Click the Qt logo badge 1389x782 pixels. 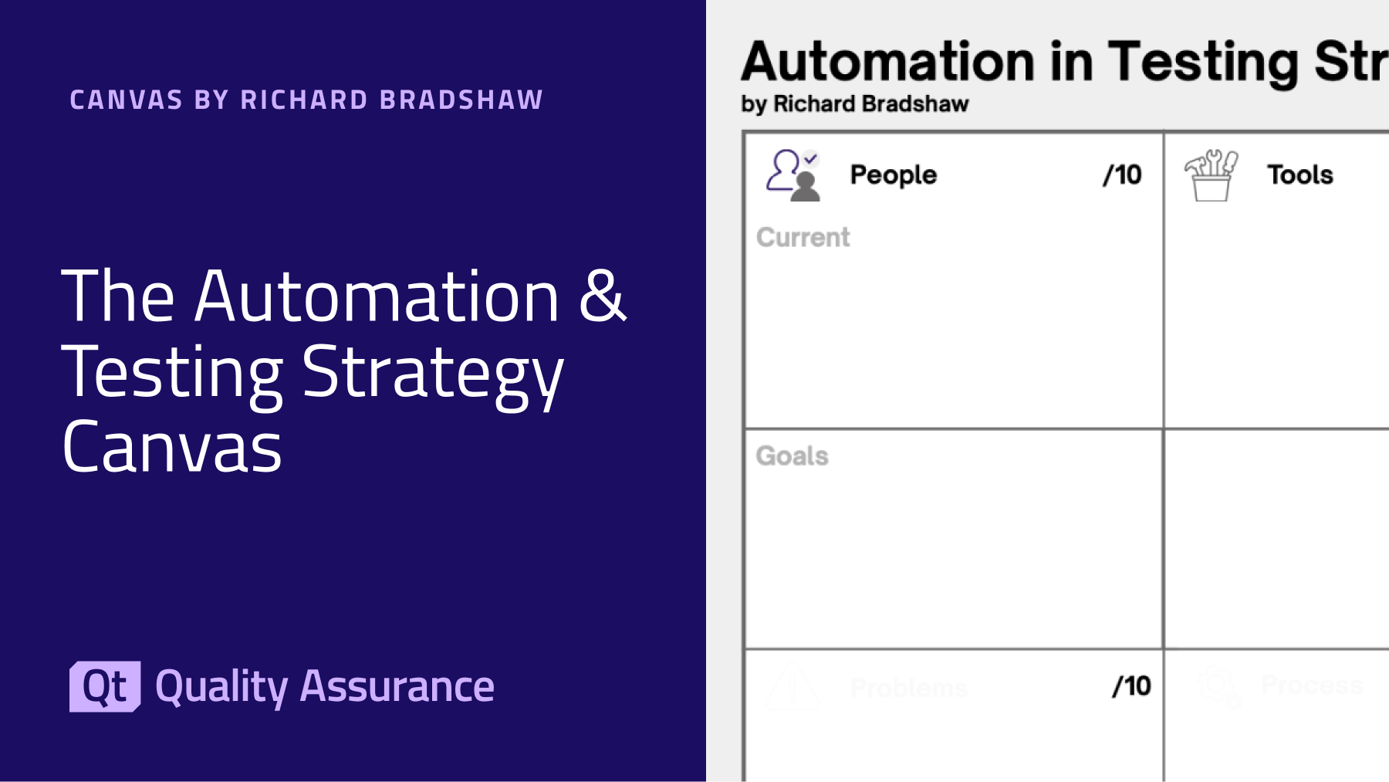pyautogui.click(x=105, y=686)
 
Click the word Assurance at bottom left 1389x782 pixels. pyautogui.click(x=397, y=686)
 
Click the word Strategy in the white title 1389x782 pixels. pyautogui.click(x=432, y=373)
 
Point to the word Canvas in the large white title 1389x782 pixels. pyautogui.click(x=172, y=448)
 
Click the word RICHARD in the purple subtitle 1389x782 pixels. pyautogui.click(x=304, y=100)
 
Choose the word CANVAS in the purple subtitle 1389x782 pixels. pyautogui.click(x=127, y=100)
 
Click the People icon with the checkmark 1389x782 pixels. pyautogui.click(x=793, y=175)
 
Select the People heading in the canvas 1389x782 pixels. pyautogui.click(x=894, y=175)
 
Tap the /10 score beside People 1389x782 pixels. pyautogui.click(x=1122, y=175)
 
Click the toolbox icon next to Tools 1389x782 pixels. pyautogui.click(x=1211, y=175)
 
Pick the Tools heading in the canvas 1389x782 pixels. pyautogui.click(x=1300, y=175)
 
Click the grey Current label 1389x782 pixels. pyautogui.click(x=803, y=237)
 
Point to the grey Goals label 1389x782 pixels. pyautogui.click(x=792, y=455)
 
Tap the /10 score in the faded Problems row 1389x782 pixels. pyautogui.click(x=1131, y=686)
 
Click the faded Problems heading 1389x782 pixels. pyautogui.click(x=908, y=687)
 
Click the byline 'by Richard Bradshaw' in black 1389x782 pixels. pyautogui.click(x=854, y=103)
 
